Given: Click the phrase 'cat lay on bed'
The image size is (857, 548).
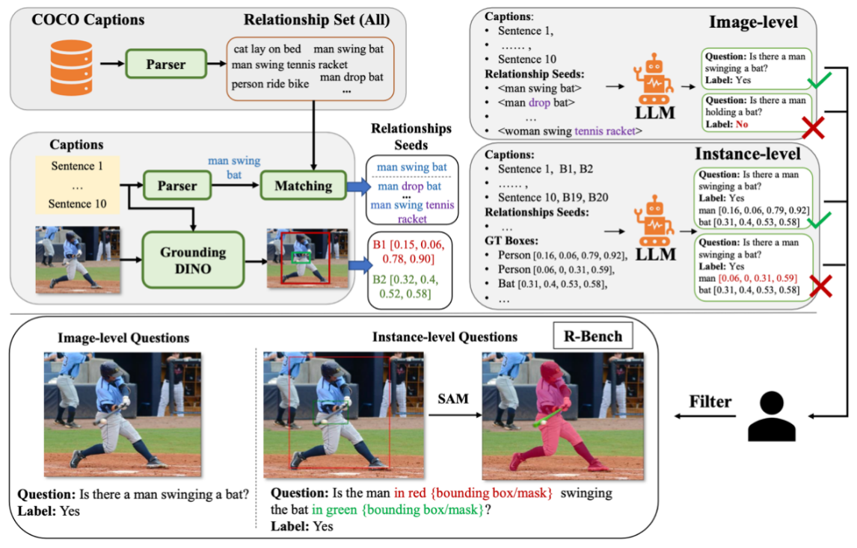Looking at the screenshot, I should click(x=267, y=49).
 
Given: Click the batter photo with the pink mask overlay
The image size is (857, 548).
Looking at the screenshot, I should click(x=562, y=416).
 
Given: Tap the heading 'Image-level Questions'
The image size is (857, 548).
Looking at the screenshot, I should click(x=123, y=337).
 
